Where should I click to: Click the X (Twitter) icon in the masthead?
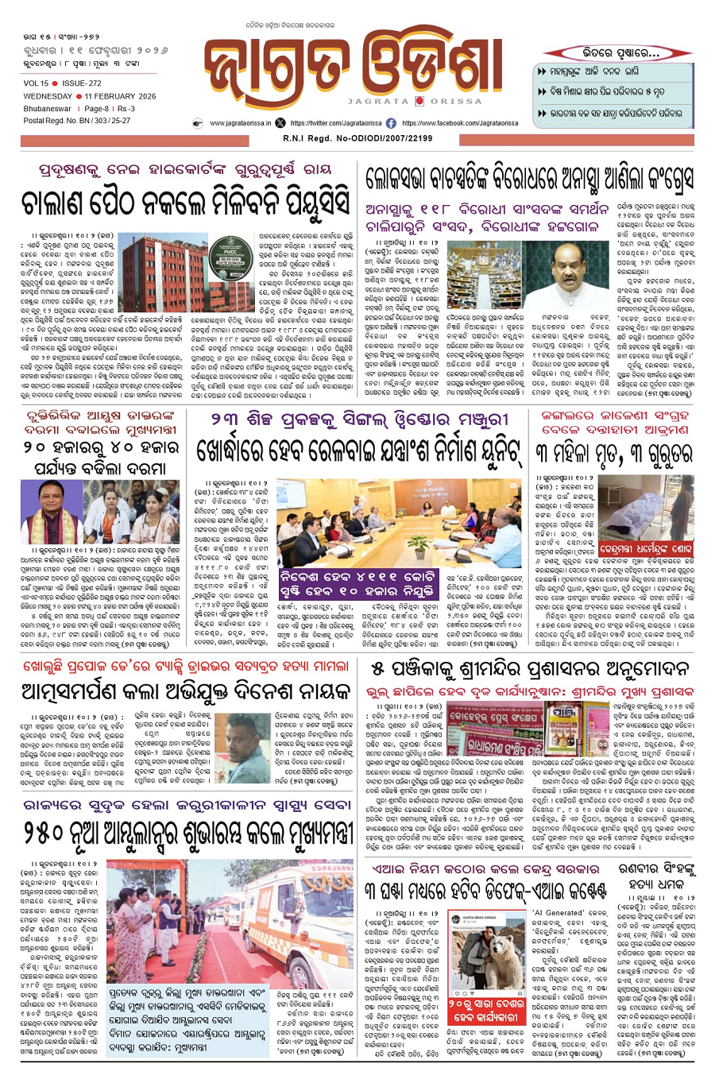click(x=280, y=124)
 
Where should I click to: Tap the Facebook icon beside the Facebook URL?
click(x=391, y=124)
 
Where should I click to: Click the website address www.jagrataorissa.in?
click(x=241, y=124)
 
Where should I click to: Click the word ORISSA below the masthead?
click(x=457, y=102)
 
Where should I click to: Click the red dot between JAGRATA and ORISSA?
click(x=418, y=102)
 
